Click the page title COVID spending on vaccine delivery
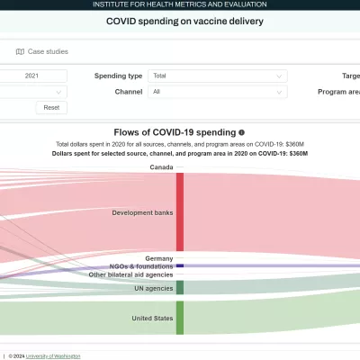(x=185, y=20)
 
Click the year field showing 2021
(x=32, y=76)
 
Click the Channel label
(x=129, y=92)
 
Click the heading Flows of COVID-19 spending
(x=175, y=132)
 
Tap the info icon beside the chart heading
(x=241, y=132)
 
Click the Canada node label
(x=161, y=167)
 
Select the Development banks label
(x=142, y=212)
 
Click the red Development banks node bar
(x=180, y=212)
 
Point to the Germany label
(x=158, y=258)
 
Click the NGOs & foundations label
(x=141, y=266)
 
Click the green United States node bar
(x=180, y=318)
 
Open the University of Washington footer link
(x=53, y=355)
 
